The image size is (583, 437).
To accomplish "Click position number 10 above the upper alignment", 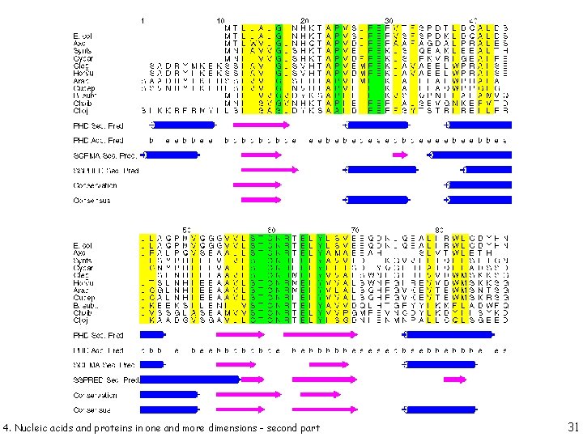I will pos(220,19).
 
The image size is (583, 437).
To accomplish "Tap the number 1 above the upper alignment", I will pos(143,19).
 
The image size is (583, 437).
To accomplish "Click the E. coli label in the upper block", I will pos(83,37).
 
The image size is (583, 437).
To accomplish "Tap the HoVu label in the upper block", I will pos(83,73).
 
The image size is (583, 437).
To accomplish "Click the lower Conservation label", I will pos(96,395).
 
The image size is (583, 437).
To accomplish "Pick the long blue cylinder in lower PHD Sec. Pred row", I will pos(445,335).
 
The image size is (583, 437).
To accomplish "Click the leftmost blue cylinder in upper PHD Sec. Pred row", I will pos(183,125).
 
